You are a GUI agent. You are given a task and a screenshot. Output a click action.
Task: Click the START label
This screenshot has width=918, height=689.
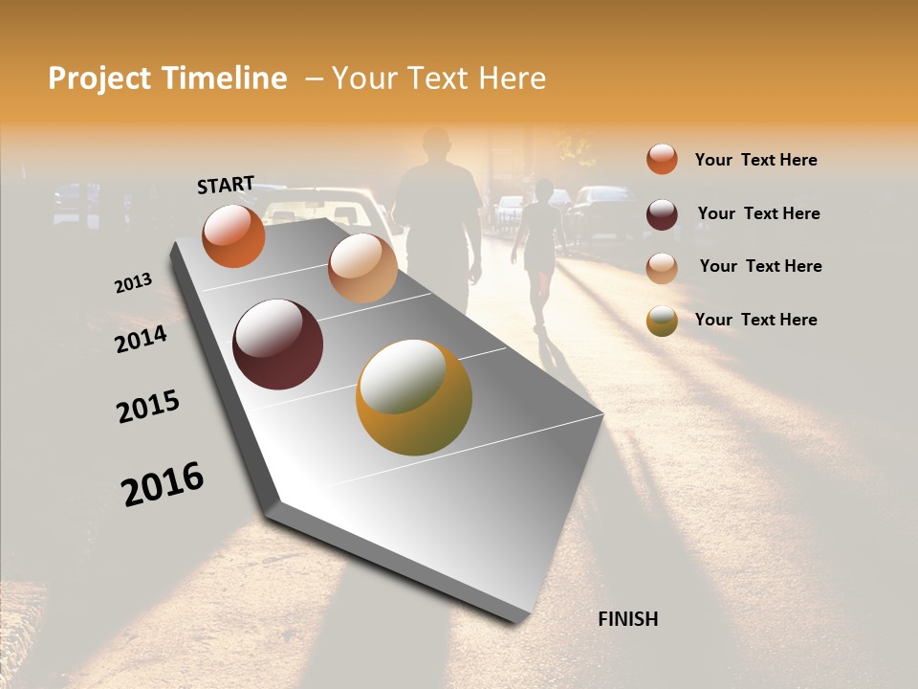tap(226, 185)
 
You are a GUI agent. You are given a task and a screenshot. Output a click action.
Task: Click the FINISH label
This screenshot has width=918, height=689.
tap(627, 619)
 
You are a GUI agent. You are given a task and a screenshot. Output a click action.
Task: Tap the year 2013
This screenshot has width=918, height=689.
tap(133, 283)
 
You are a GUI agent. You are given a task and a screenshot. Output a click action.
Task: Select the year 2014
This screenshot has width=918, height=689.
tap(141, 339)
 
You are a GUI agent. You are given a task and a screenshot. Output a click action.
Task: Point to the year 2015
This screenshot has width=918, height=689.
tap(148, 407)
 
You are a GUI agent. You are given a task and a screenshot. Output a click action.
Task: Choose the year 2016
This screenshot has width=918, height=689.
tap(163, 483)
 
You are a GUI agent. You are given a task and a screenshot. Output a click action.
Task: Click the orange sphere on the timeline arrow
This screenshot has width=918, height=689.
tap(233, 236)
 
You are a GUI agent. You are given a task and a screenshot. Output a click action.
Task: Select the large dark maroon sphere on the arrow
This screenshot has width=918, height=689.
tap(278, 344)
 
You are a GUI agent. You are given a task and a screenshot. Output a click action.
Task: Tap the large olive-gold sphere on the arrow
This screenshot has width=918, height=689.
tap(414, 397)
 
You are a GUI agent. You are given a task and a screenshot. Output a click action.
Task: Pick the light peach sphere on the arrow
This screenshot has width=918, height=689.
tap(362, 268)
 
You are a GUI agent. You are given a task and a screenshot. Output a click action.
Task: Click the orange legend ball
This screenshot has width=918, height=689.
tap(662, 160)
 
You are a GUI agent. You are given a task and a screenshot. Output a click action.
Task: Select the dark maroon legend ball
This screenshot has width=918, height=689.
tap(662, 214)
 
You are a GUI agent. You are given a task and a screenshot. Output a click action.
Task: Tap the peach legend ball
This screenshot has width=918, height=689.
tap(662, 268)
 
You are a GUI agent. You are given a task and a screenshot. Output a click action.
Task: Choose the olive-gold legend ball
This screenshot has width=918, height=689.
tap(662, 321)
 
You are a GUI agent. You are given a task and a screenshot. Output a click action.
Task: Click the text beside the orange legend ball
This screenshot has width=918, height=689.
tap(755, 160)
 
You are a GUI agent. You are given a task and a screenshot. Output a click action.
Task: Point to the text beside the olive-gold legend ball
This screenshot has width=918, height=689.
tap(755, 320)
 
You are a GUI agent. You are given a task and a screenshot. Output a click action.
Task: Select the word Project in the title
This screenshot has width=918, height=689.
tap(98, 78)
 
